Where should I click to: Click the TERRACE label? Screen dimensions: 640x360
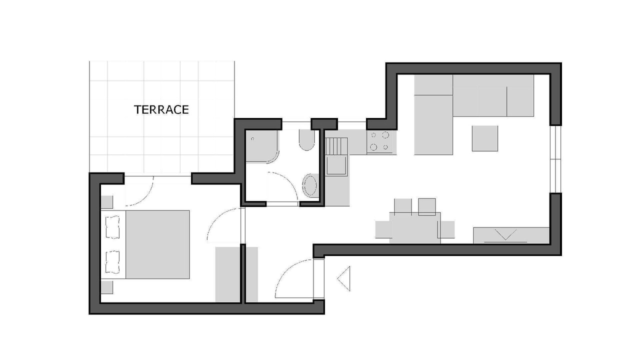(x=161, y=109)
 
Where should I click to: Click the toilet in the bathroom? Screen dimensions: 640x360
(x=307, y=140)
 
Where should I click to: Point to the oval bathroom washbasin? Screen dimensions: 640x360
(x=309, y=185)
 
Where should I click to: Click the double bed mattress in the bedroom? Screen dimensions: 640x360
(x=157, y=244)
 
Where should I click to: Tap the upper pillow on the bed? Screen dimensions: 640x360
(x=113, y=227)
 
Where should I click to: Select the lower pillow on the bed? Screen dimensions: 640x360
(x=113, y=262)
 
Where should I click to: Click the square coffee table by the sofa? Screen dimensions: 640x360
(x=485, y=138)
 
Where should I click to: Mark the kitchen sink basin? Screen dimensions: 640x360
(x=336, y=164)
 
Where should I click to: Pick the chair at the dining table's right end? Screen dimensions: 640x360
(x=447, y=229)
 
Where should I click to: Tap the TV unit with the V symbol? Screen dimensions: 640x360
(x=511, y=235)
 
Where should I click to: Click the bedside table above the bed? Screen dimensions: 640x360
(x=107, y=202)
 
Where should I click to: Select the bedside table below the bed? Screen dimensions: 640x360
(x=107, y=287)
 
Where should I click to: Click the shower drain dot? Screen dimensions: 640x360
(x=252, y=139)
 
